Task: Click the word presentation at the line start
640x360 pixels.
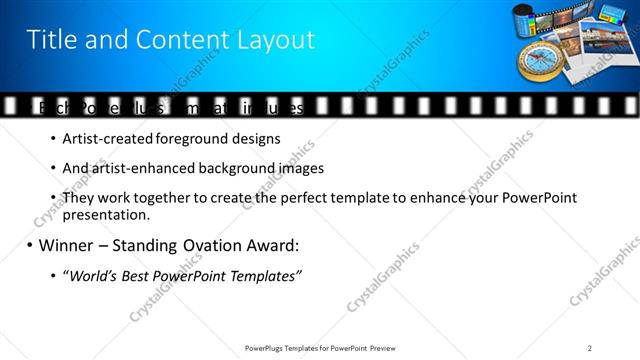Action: (x=105, y=214)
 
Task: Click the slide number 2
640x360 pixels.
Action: (x=590, y=347)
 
